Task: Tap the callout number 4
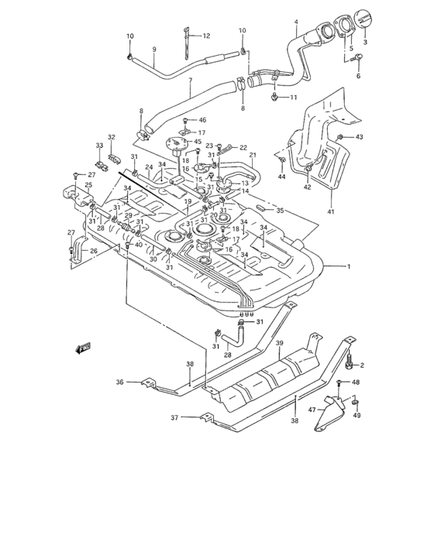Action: coord(296,22)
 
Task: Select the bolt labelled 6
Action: coord(356,58)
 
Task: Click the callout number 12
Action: coord(206,36)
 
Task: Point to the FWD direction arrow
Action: coord(83,348)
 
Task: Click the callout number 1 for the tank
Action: coord(349,266)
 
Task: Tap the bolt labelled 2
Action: coord(350,361)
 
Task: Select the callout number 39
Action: coord(280,343)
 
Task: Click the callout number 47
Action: coord(312,410)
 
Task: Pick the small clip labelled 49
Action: coord(355,402)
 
